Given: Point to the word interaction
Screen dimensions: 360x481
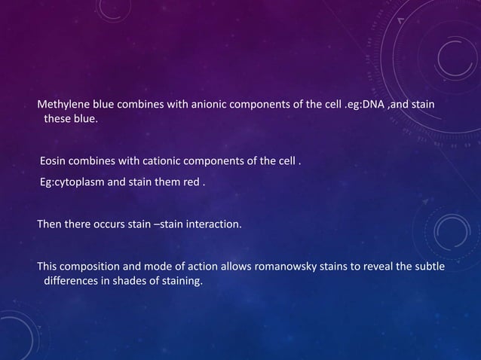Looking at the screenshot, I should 215,224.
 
